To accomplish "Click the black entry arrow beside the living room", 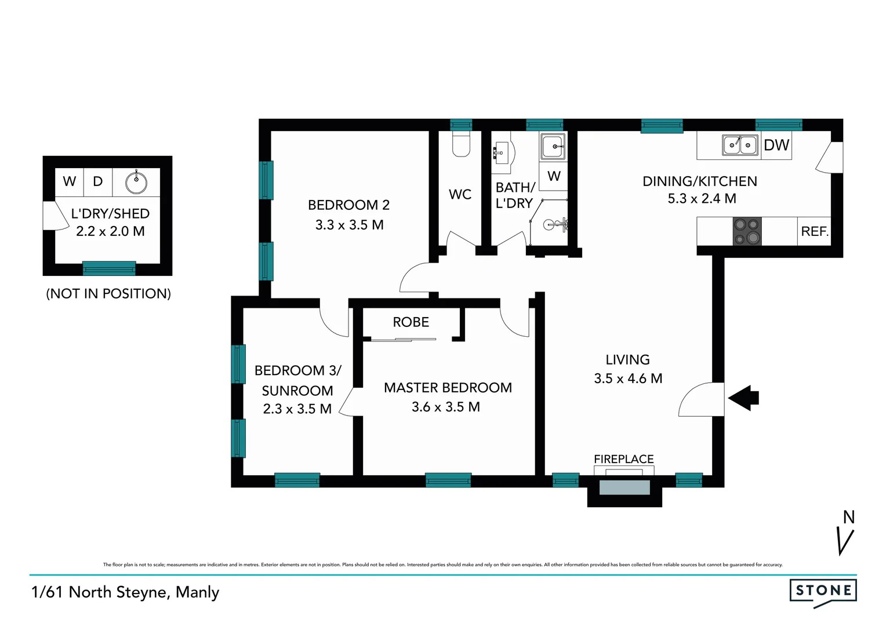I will pyautogui.click(x=744, y=398).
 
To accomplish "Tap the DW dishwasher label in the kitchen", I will pyautogui.click(x=776, y=145).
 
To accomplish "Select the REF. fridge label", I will pyautogui.click(x=814, y=231).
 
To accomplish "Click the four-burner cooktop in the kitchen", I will pyautogui.click(x=747, y=231).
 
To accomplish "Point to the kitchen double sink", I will pyautogui.click(x=740, y=145).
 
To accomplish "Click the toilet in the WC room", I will pyautogui.click(x=461, y=144).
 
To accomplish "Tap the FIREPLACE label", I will pyautogui.click(x=623, y=459).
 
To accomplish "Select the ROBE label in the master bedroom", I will pyautogui.click(x=411, y=322).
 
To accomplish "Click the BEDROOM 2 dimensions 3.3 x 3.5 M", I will pyautogui.click(x=349, y=225).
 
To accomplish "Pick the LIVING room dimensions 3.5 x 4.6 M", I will pyautogui.click(x=628, y=378).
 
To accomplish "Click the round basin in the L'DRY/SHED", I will pyautogui.click(x=136, y=183).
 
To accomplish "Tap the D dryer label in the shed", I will pyautogui.click(x=98, y=181).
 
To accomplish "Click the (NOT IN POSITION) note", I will pyautogui.click(x=108, y=294).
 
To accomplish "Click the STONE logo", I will pyautogui.click(x=823, y=591).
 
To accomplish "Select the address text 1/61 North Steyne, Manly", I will pyautogui.click(x=125, y=592).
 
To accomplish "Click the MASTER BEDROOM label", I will pyautogui.click(x=448, y=388).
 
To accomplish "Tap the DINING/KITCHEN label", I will pyautogui.click(x=699, y=181).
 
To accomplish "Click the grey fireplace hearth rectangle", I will pyautogui.click(x=624, y=487).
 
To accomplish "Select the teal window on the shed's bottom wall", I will pyautogui.click(x=109, y=268).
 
